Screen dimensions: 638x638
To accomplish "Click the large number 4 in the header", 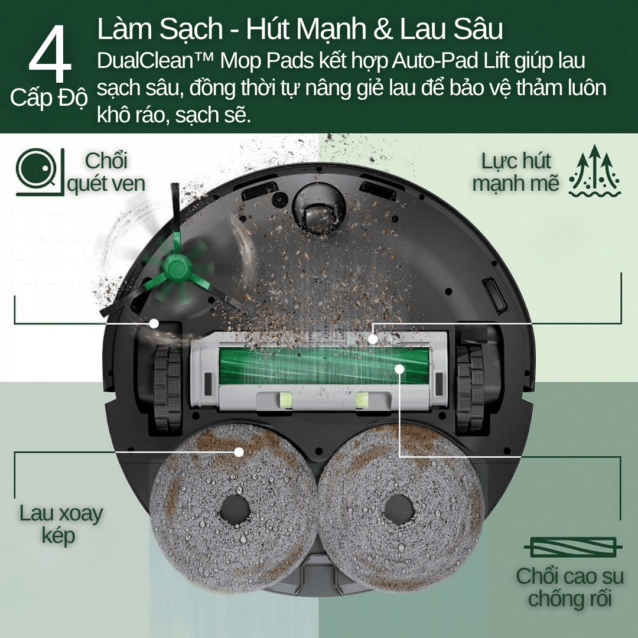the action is coord(50,53).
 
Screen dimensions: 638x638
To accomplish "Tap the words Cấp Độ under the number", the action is coord(49,98).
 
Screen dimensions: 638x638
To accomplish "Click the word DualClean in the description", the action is coord(145,61).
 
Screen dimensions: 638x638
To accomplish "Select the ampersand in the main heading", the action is coord(382,29).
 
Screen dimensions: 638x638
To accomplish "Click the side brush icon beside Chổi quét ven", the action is coord(40,172).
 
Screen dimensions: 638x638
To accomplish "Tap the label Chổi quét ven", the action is coord(106,172).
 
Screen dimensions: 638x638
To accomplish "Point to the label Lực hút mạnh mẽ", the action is coord(516,172).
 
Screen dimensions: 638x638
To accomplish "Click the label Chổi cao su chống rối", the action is coord(569,587).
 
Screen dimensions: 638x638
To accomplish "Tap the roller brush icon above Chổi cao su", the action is coord(573,547).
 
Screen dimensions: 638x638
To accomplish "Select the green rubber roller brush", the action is coord(324,366).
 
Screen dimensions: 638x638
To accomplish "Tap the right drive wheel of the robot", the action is coord(470,389).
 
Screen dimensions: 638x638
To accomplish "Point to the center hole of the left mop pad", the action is coord(235,509).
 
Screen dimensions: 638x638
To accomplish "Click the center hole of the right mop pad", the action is coord(399,509).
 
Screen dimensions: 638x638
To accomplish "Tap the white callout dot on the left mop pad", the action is coord(239,452).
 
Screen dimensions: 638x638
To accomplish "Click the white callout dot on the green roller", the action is coord(399,369).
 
